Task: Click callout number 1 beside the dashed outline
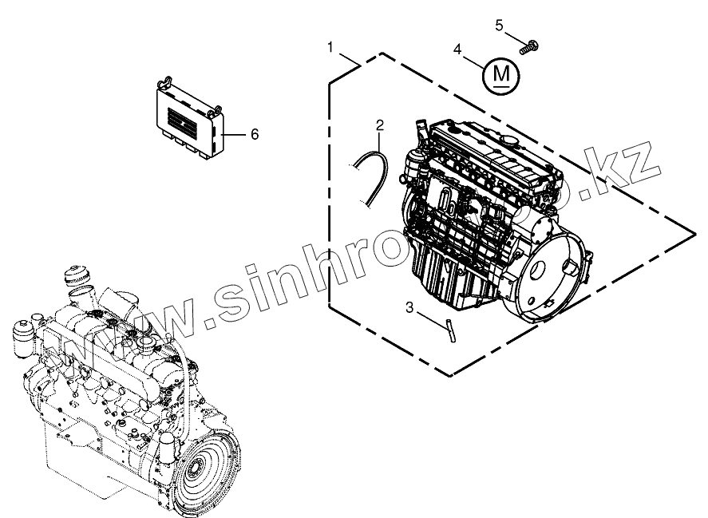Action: tap(330, 48)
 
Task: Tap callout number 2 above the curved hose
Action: tap(380, 125)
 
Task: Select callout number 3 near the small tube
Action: tap(409, 306)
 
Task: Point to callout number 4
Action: tap(458, 49)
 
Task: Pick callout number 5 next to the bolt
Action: tap(500, 26)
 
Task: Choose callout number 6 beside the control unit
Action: tap(255, 134)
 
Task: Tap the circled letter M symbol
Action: tap(500, 75)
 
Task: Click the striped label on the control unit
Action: tap(180, 125)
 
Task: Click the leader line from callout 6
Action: tap(235, 135)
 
